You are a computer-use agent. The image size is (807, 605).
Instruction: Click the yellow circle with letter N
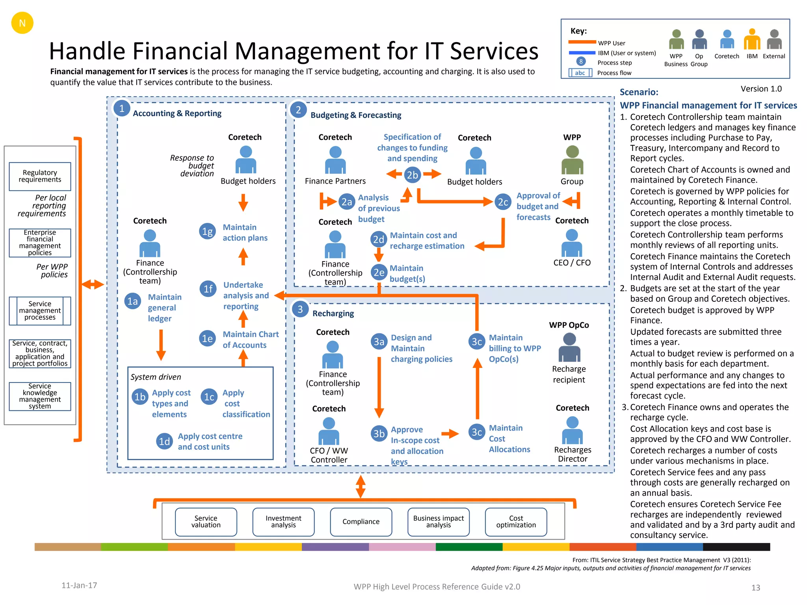[x=22, y=23]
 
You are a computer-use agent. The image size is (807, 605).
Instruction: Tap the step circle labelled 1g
[x=207, y=232]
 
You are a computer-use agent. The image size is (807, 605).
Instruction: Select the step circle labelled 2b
[x=412, y=175]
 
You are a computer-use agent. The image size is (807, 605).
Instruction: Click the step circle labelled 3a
[x=379, y=341]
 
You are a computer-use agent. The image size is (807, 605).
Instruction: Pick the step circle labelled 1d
[x=164, y=442]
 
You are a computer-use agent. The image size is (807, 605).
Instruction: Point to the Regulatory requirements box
[x=40, y=176]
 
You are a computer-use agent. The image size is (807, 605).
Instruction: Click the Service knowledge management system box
[x=40, y=396]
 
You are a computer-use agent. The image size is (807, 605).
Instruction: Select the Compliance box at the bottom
[x=361, y=521]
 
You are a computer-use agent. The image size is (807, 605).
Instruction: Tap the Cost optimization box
[x=516, y=521]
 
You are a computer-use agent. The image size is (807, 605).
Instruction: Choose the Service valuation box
[x=206, y=521]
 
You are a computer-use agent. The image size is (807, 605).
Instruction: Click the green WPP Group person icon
[x=572, y=160]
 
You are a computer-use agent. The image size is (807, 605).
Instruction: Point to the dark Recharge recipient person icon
[x=569, y=347]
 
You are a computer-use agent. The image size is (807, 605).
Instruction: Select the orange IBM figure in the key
[x=752, y=39]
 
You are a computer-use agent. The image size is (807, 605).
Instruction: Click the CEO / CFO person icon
[x=572, y=243]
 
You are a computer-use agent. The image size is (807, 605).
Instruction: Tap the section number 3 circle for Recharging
[x=300, y=310]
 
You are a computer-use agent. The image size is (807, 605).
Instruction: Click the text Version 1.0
[x=761, y=89]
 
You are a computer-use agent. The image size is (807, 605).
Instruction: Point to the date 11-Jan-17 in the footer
[x=79, y=585]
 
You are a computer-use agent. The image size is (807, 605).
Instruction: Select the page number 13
[x=755, y=588]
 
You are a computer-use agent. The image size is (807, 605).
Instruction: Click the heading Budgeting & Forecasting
[x=356, y=115]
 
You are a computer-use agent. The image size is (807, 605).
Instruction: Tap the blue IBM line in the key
[x=582, y=53]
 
